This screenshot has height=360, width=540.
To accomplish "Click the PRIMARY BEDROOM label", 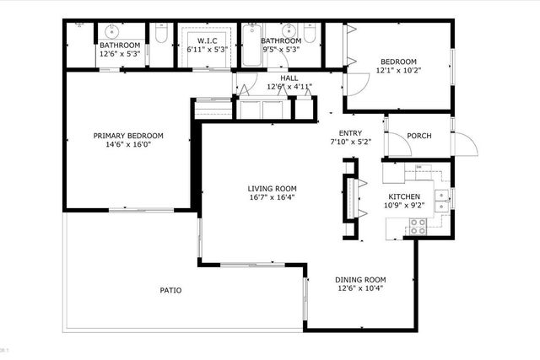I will point(128,136).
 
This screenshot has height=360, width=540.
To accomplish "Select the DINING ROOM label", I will point(360,280).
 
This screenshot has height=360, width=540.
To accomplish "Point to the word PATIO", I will point(171,291).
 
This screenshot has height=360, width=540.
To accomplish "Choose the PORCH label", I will point(419,136).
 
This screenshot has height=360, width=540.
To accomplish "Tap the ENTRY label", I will point(350,133).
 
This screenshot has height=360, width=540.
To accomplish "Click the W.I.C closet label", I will point(208,40).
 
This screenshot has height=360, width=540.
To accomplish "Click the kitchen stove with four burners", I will point(417,226).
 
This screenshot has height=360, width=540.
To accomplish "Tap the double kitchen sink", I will point(440,199).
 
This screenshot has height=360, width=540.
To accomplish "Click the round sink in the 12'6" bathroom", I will point(112,30).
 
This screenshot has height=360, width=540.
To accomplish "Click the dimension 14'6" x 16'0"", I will point(128,145).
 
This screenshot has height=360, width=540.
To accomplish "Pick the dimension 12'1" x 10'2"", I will point(399,71).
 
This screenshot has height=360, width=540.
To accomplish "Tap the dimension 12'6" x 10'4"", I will point(360,289).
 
